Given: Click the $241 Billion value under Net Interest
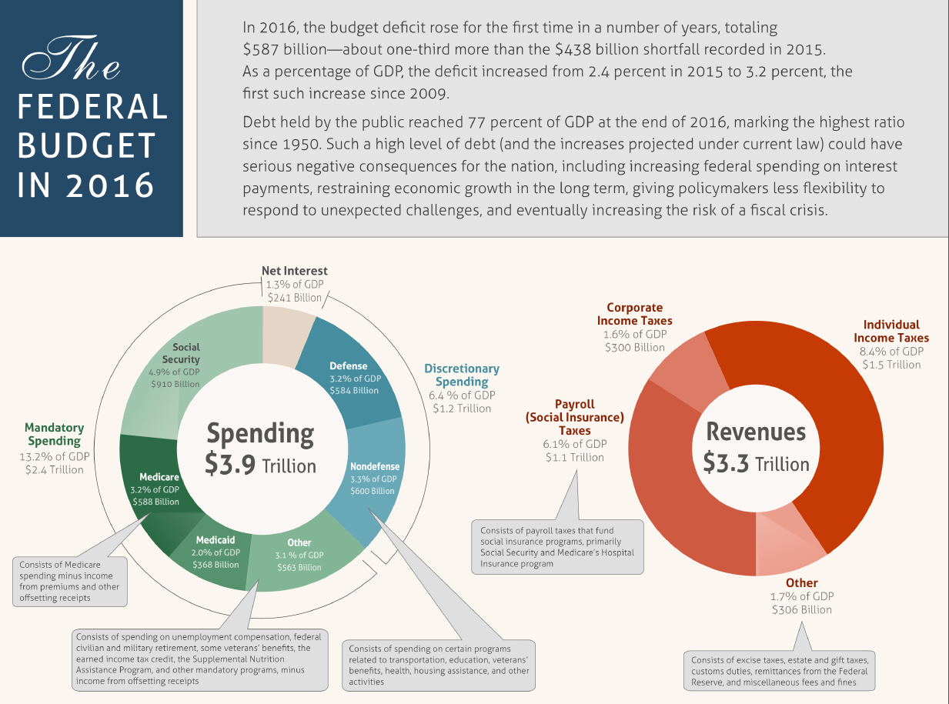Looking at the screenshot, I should pos(295,297).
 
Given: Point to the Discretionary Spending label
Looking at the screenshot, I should pos(462,375).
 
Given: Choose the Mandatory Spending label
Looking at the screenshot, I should pos(55,434).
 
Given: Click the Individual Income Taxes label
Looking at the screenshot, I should pos(891,331).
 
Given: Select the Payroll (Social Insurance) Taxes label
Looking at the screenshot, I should pos(574,417).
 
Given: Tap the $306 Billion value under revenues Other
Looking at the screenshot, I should pos(802,609).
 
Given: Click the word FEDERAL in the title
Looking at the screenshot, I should pos(92,107).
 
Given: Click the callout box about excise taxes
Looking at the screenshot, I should pos(780,671).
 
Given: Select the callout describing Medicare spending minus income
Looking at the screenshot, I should pos(70,581).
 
